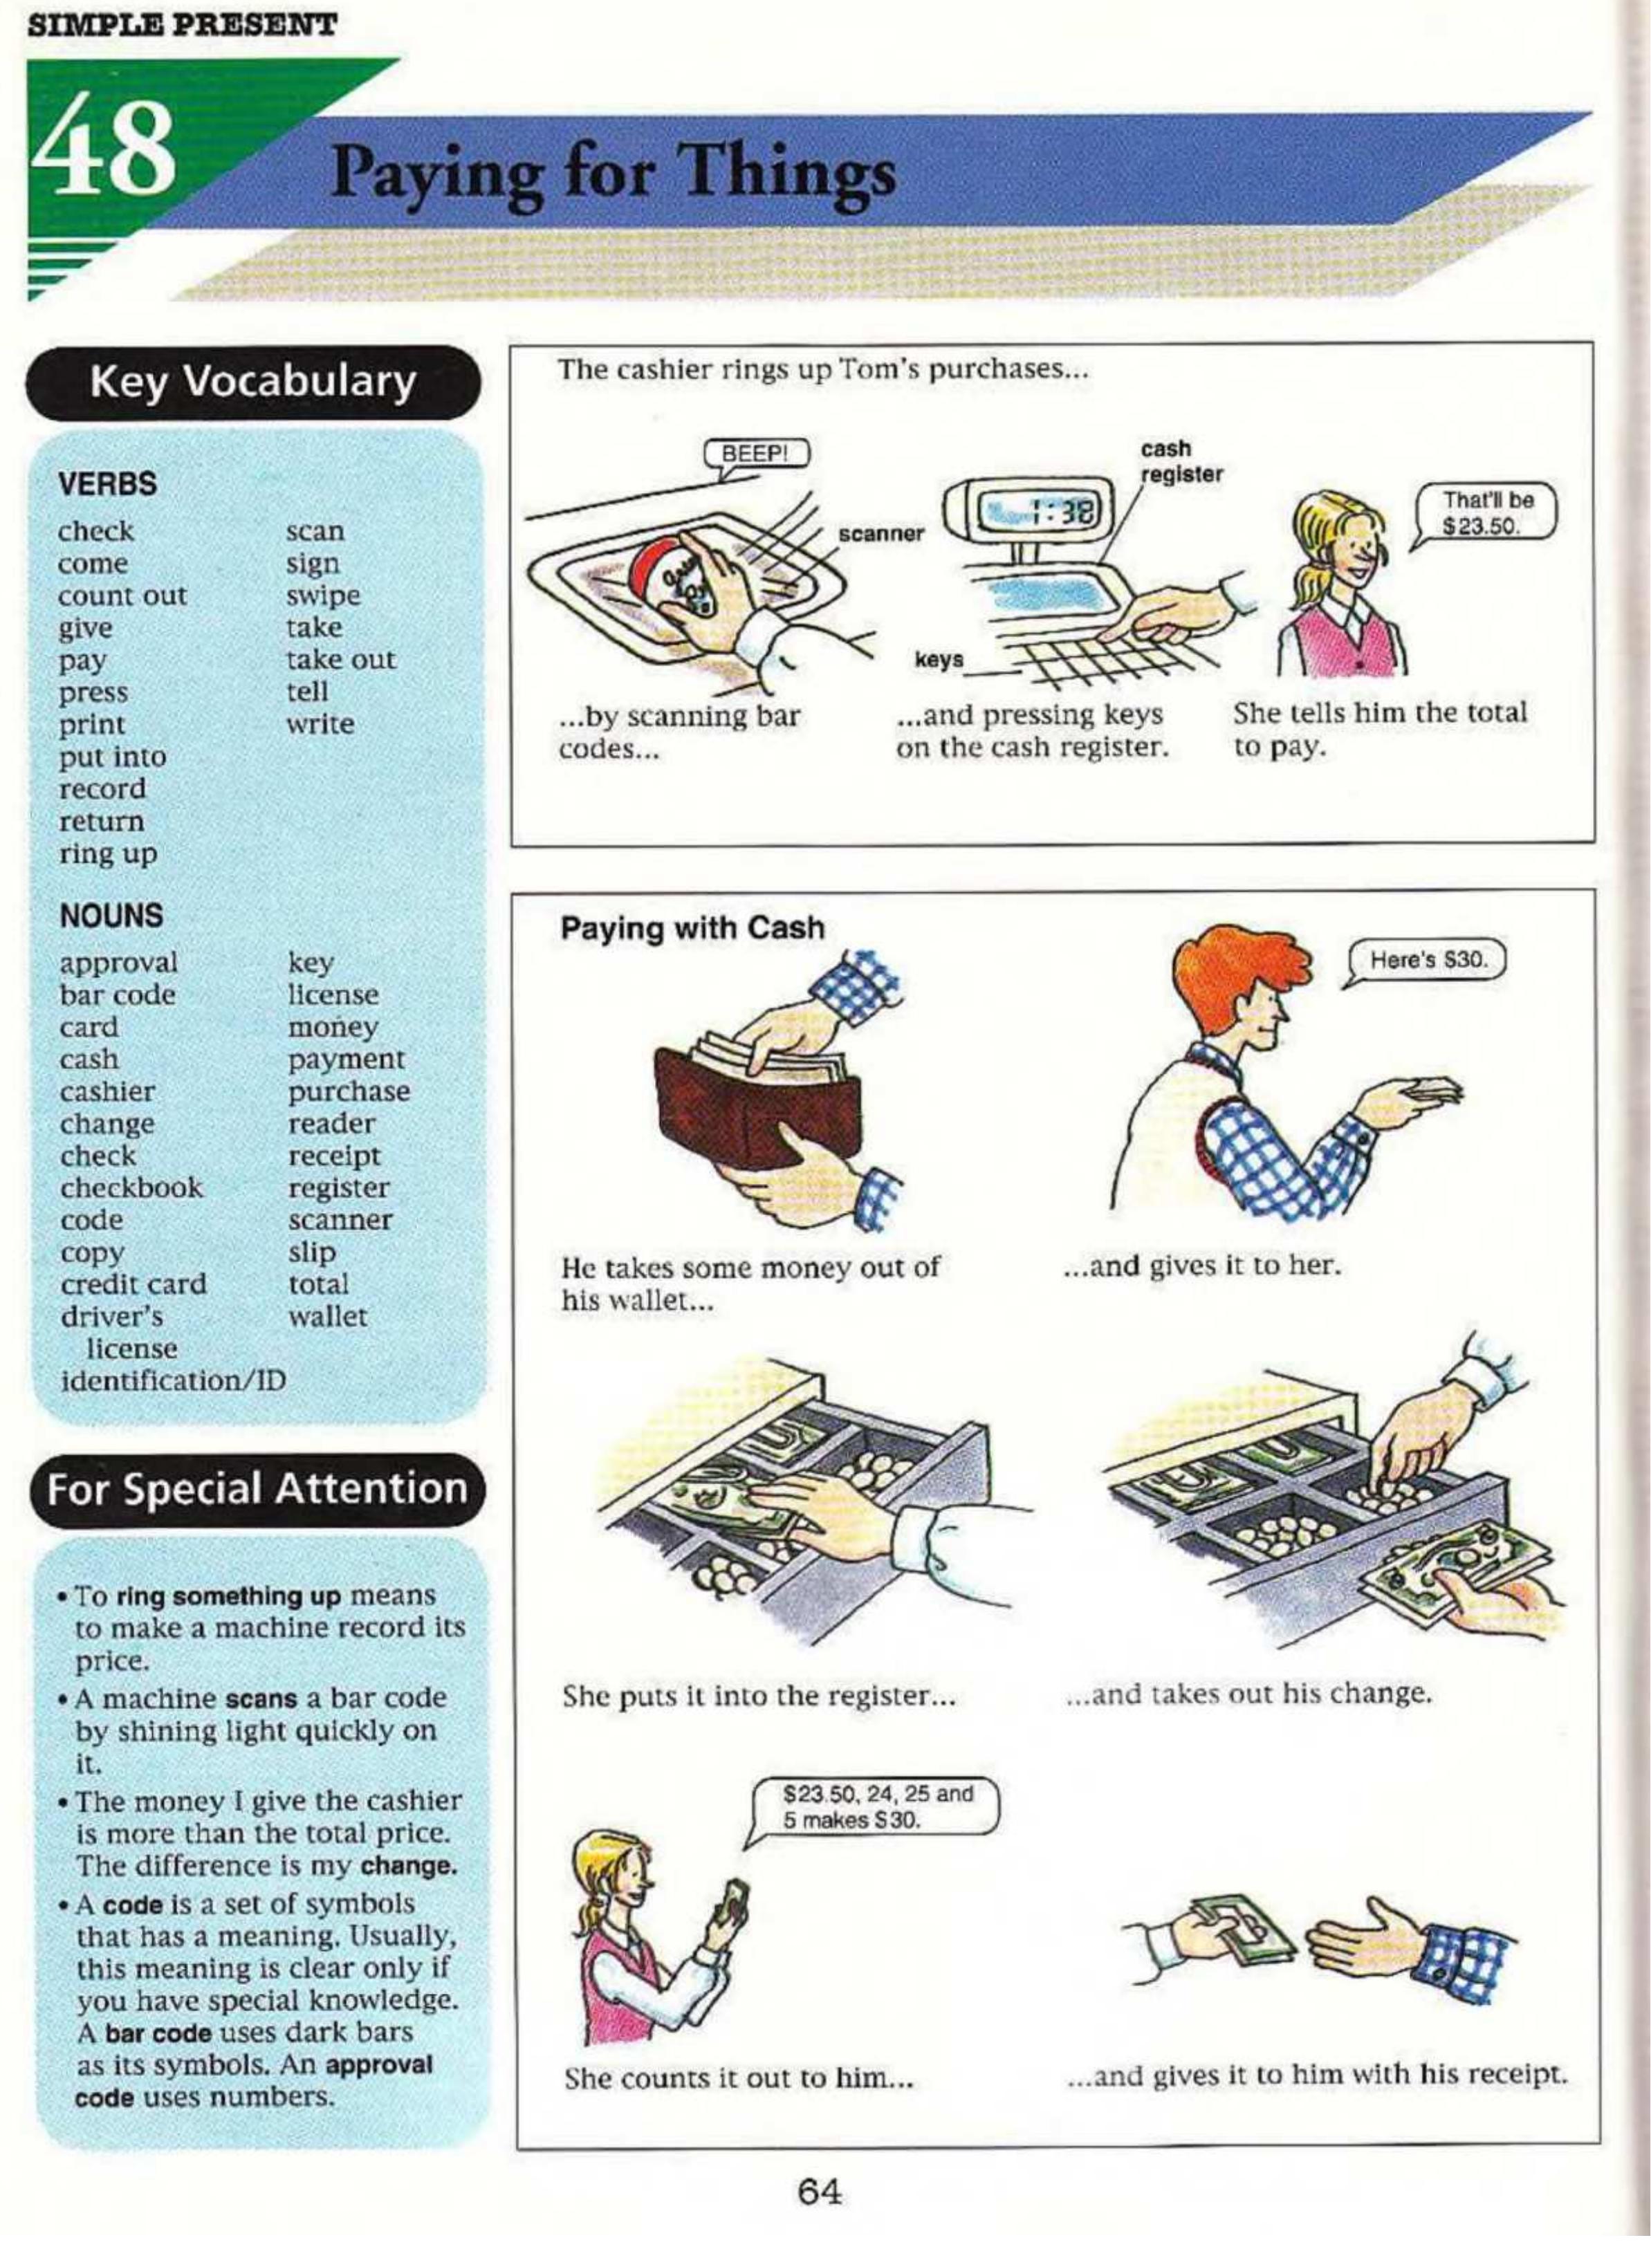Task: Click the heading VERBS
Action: (x=108, y=485)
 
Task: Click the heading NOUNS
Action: (x=111, y=916)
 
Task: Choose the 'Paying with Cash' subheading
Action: (x=692, y=929)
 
